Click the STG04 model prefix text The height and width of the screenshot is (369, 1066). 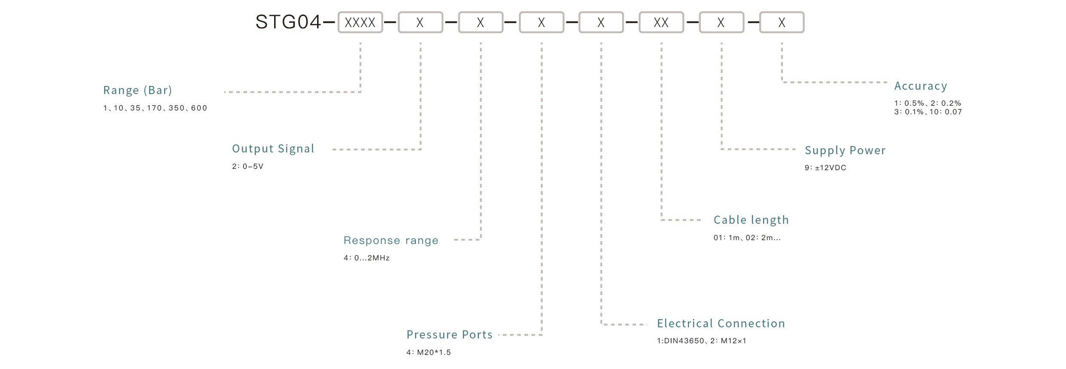point(288,22)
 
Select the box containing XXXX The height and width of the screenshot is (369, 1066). point(360,22)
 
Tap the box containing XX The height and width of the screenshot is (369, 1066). point(661,22)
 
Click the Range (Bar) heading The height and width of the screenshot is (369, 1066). point(137,90)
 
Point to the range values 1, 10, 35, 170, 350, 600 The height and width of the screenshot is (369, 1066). point(155,108)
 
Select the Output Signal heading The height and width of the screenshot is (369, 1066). point(273,149)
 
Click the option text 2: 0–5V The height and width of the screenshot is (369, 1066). point(247,167)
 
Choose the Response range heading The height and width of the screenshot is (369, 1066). point(391,241)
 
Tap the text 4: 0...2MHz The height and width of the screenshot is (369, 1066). point(367,258)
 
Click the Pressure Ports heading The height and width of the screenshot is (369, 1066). point(449,335)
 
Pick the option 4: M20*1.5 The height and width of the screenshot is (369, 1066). point(428,353)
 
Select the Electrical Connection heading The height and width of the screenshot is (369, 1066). point(721,323)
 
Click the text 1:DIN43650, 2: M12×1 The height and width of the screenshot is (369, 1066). point(701,341)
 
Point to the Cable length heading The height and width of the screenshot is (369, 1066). point(751,220)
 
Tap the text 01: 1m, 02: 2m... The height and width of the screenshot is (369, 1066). point(747,238)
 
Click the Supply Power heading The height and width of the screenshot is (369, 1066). point(845,150)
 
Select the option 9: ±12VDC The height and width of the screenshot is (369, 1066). point(825,168)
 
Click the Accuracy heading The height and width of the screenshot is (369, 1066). point(920,86)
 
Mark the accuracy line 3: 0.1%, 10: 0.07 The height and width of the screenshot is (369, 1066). point(928,112)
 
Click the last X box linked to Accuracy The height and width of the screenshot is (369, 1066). point(782,22)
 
